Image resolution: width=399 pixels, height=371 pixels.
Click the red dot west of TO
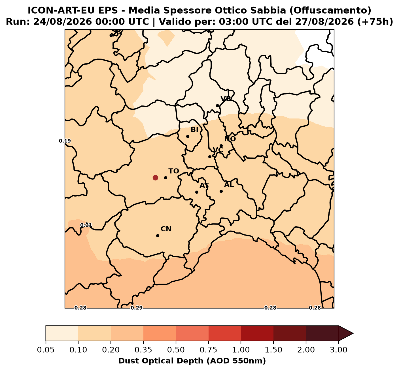(155, 178)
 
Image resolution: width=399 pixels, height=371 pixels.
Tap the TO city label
(174, 171)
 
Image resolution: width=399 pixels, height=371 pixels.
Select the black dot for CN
(158, 236)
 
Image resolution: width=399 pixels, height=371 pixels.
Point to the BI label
(194, 130)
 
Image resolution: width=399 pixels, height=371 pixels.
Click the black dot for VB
(217, 106)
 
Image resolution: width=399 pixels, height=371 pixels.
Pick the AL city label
(229, 185)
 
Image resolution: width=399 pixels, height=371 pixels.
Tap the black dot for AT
(197, 192)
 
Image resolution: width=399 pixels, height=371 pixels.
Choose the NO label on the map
(230, 139)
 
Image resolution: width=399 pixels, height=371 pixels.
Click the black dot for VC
(210, 157)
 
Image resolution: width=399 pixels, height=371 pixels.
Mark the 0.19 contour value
(65, 141)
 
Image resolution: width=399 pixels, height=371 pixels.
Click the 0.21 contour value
(86, 225)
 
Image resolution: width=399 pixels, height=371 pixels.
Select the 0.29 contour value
(137, 308)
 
